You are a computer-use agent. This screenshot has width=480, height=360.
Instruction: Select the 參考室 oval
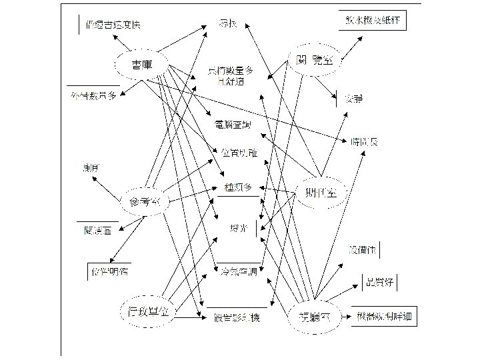pyautogui.click(x=143, y=201)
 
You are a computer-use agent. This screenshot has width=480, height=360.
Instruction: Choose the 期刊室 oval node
pyautogui.click(x=321, y=192)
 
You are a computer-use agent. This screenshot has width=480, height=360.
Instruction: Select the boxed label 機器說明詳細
pyautogui.click(x=385, y=316)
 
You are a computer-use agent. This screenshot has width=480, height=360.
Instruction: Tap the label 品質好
pyautogui.click(x=378, y=282)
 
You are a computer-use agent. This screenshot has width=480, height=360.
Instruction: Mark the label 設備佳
pyautogui.click(x=363, y=250)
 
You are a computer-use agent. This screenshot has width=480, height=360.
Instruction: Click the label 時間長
pyautogui.click(x=363, y=141)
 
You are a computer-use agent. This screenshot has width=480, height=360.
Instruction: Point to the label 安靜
pyautogui.click(x=353, y=99)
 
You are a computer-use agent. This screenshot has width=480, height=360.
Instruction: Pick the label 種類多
pyautogui.click(x=239, y=187)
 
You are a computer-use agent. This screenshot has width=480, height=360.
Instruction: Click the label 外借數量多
pyautogui.click(x=93, y=96)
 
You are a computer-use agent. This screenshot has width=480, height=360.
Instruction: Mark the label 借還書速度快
pyautogui.click(x=114, y=26)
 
